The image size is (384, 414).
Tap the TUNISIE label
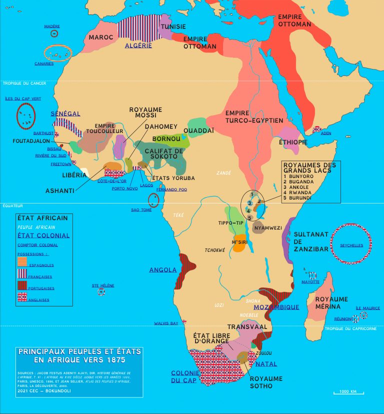click(173, 26)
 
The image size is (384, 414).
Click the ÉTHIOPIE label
click(293, 142)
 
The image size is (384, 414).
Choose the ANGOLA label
click(163, 270)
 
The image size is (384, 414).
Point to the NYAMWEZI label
click(268, 228)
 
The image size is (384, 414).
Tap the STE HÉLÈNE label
click(103, 285)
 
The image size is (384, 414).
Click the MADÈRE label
click(52, 25)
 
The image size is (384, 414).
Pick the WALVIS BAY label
click(166, 323)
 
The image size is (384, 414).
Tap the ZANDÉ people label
click(223, 173)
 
